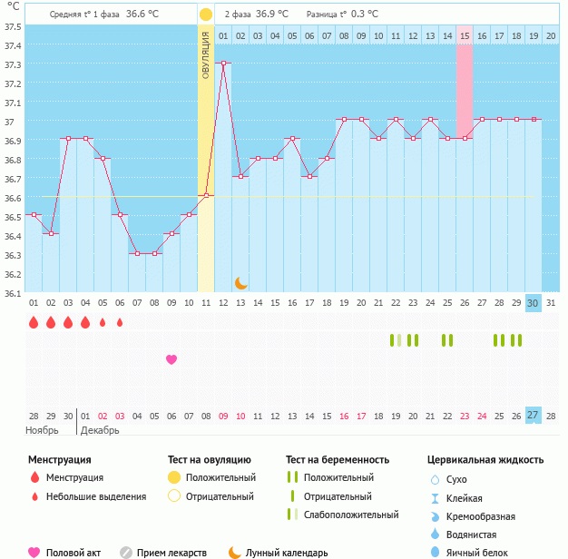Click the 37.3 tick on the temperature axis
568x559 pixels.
tap(12, 64)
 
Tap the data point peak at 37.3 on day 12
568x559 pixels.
tap(223, 63)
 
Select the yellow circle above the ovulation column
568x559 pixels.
tap(206, 15)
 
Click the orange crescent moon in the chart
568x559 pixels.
tap(240, 283)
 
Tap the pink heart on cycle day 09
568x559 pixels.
tap(171, 359)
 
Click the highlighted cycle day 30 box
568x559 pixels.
tap(534, 303)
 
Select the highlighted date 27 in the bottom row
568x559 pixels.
tap(534, 416)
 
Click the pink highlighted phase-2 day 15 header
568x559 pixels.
tap(465, 36)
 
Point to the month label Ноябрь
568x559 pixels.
tap(43, 430)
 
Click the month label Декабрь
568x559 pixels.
tap(102, 430)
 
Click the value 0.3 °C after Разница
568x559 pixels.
tap(365, 15)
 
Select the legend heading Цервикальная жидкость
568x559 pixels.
tap(485, 460)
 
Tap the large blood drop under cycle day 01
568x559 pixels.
tap(34, 322)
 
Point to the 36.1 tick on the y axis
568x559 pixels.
tap(12, 293)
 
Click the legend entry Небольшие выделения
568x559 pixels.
tap(95, 496)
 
